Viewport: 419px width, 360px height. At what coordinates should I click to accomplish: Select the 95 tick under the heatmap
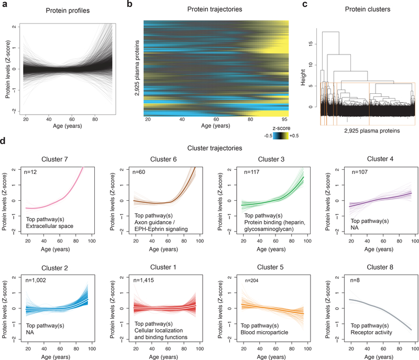pyautogui.click(x=284, y=119)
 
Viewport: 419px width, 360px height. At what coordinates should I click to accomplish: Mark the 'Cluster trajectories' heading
pyautogui.click(x=210, y=148)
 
